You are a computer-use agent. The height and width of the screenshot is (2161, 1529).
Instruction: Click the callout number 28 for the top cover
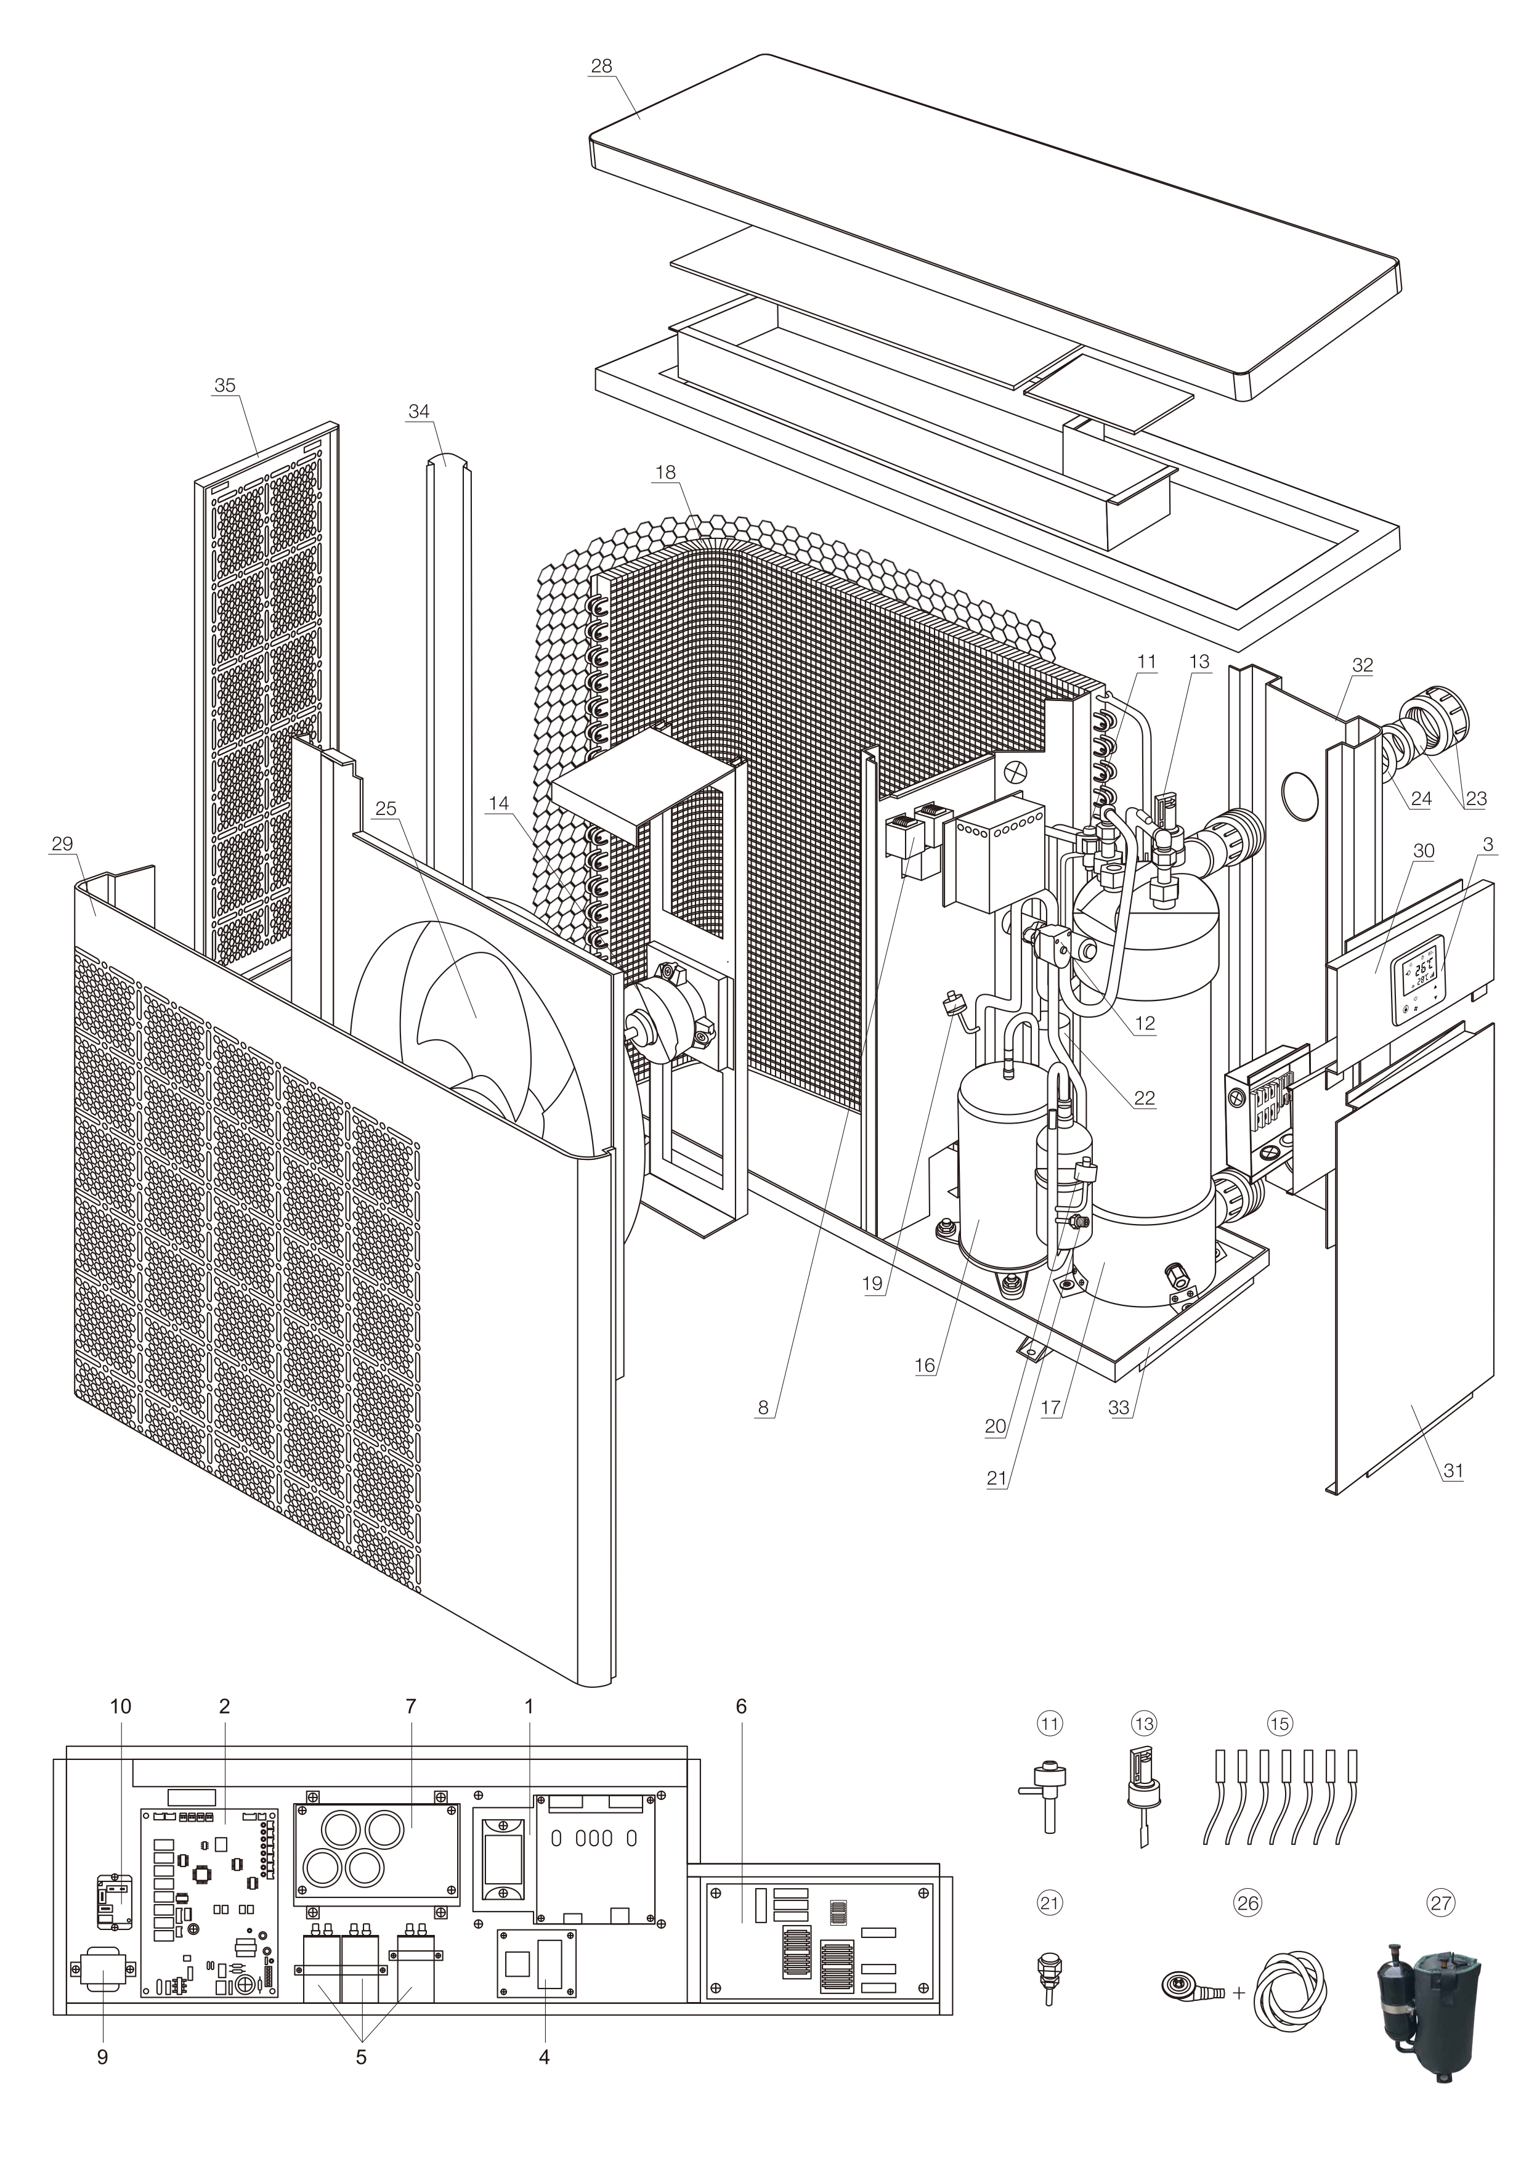(601, 66)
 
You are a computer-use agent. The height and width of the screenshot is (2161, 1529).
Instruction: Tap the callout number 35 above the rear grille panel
(224, 386)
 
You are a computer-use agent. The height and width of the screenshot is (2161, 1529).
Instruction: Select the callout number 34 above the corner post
(419, 412)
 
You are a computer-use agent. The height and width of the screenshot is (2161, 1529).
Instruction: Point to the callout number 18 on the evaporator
(666, 472)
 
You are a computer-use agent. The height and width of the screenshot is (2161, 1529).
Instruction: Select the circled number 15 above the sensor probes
(1278, 1724)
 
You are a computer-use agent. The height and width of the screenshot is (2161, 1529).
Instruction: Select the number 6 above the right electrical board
(741, 1706)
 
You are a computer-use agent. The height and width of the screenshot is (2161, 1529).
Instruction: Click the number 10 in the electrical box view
(121, 1706)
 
